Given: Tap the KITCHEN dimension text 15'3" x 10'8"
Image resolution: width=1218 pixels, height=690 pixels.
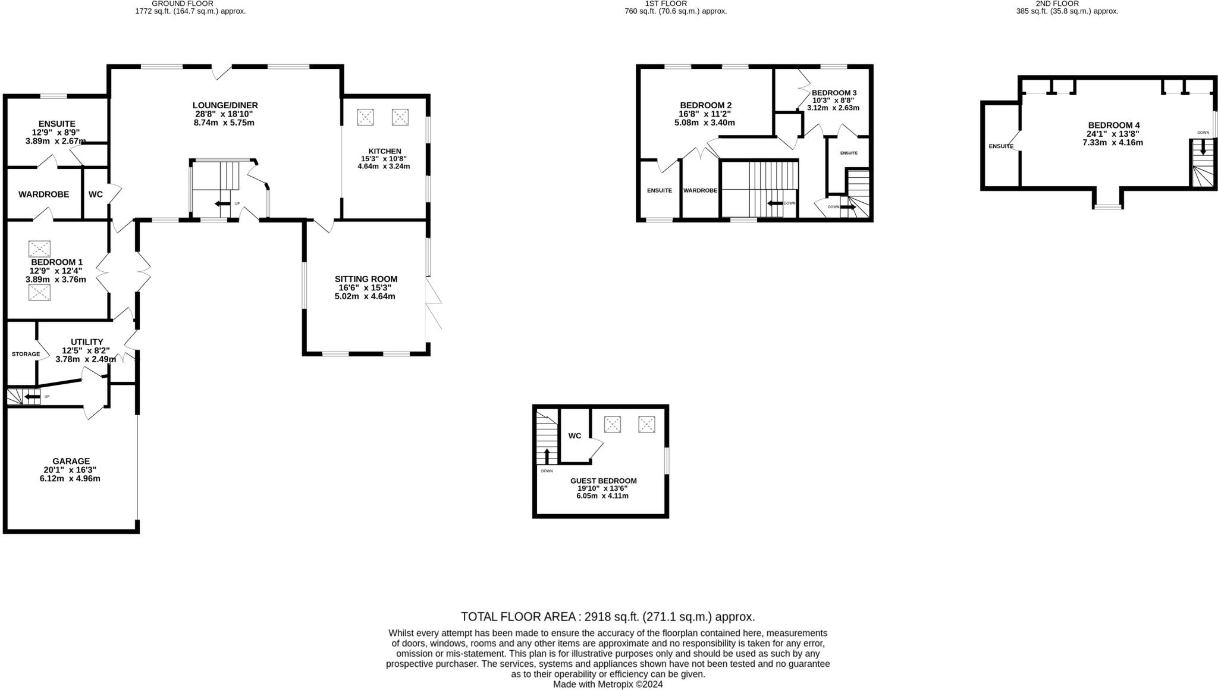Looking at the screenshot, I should [x=384, y=159].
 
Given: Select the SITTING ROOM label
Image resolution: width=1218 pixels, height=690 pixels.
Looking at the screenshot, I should [x=366, y=279].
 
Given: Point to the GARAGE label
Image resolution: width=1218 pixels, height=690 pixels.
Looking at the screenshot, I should [x=71, y=461].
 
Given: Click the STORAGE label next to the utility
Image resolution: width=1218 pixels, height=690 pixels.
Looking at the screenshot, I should [x=26, y=354].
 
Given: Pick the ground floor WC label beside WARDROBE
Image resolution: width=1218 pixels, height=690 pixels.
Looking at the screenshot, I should [x=96, y=195].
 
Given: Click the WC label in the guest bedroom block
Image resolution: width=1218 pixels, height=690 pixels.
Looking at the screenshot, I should [x=575, y=436].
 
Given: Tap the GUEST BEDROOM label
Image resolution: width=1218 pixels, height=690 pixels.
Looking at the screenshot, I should [x=603, y=481].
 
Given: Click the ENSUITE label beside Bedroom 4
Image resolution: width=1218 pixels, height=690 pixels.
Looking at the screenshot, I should [x=1001, y=146].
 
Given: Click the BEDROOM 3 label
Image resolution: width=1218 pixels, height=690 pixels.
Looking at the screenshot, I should [x=834, y=93].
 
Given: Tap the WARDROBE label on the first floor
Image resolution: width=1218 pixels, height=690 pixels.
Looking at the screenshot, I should [x=700, y=190].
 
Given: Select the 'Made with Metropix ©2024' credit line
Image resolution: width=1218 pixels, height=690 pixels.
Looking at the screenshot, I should [x=608, y=685].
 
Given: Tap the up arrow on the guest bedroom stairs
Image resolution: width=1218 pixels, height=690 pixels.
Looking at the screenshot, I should [x=547, y=456].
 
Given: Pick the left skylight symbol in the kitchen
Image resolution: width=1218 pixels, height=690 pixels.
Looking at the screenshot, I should [x=365, y=117].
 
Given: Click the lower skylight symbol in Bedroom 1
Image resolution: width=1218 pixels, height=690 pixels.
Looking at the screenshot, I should [x=40, y=292].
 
